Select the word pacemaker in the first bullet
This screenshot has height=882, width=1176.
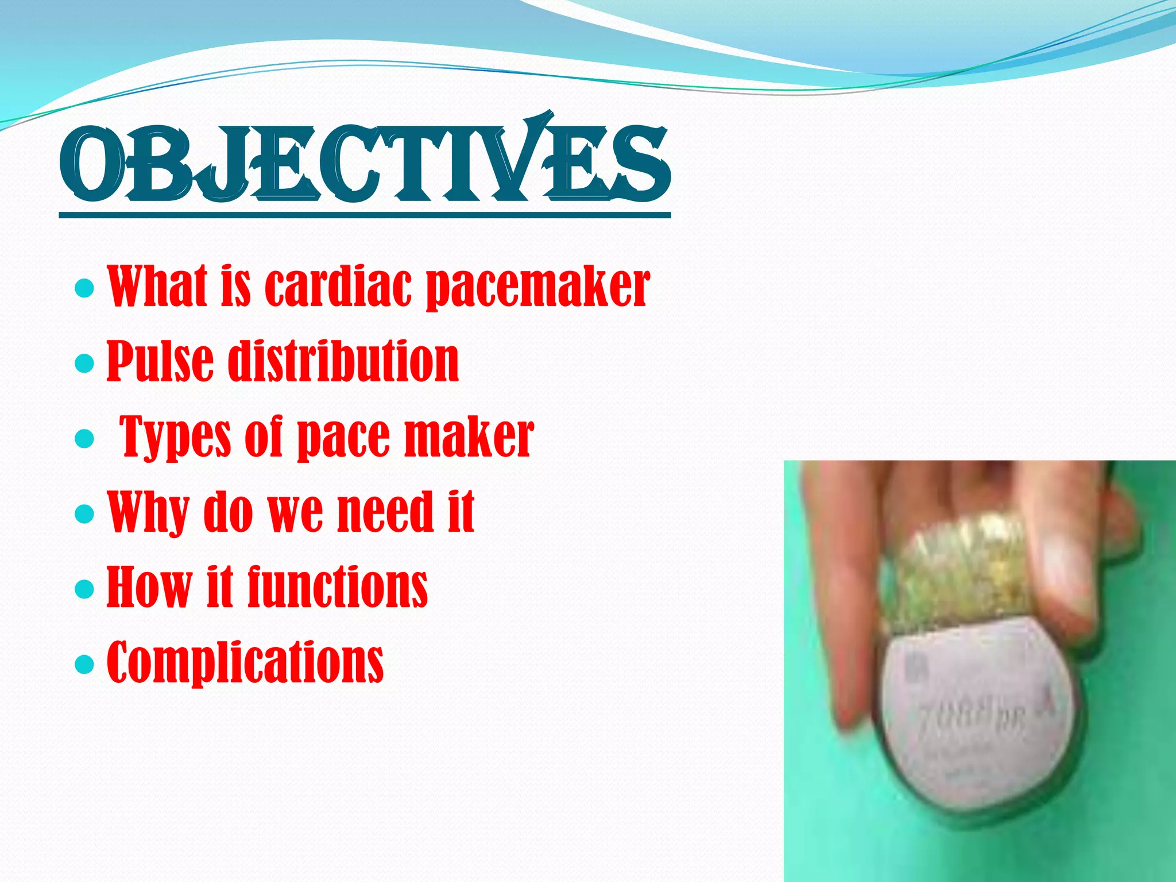click(537, 287)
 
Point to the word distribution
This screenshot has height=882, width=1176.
click(343, 361)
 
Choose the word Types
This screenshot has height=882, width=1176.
click(175, 438)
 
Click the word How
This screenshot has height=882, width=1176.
click(149, 586)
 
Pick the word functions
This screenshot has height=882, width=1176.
click(338, 586)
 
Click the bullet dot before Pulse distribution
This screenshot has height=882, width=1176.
click(84, 363)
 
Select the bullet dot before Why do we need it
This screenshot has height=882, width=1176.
click(84, 513)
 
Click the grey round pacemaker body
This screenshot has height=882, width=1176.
click(976, 729)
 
